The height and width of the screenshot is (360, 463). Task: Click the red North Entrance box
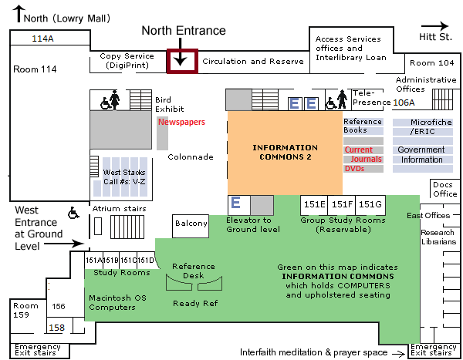181,61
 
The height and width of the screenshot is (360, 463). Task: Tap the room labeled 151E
313,204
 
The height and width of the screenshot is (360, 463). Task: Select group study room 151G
370,204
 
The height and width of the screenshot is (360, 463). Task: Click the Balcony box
191,224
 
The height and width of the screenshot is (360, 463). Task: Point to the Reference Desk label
194,271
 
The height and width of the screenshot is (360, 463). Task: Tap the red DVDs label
354,168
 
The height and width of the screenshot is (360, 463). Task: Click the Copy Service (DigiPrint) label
127,61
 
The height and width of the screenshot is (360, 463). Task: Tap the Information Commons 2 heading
285,152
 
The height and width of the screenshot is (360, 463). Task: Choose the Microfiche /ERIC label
421,126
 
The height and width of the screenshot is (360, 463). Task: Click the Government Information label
421,155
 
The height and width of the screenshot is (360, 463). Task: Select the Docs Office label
444,189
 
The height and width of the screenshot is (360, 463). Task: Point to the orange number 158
56,328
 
